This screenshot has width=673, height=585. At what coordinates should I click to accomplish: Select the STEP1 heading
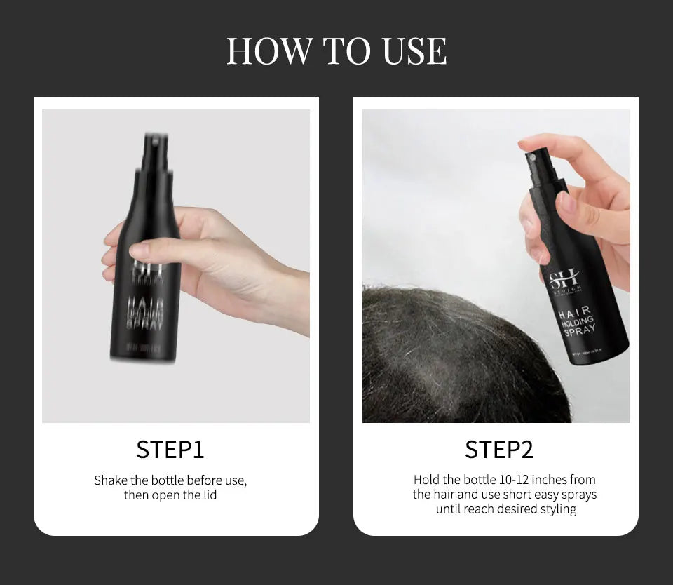(x=170, y=449)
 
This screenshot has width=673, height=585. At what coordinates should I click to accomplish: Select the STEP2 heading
(x=499, y=449)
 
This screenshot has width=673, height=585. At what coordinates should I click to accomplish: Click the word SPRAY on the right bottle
(x=579, y=330)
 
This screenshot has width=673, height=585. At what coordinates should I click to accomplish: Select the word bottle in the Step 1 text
(x=161, y=480)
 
